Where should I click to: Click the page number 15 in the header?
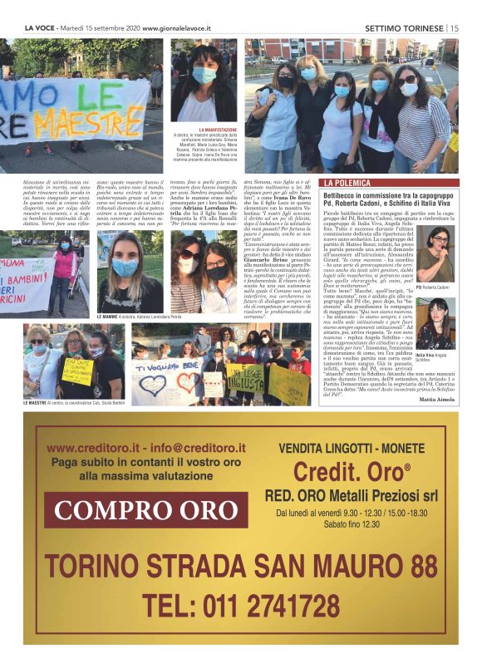pos(455,27)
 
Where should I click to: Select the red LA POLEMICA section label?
pos(349,182)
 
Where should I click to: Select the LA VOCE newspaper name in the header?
pos(40,27)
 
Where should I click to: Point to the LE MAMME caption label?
pos(110,317)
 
